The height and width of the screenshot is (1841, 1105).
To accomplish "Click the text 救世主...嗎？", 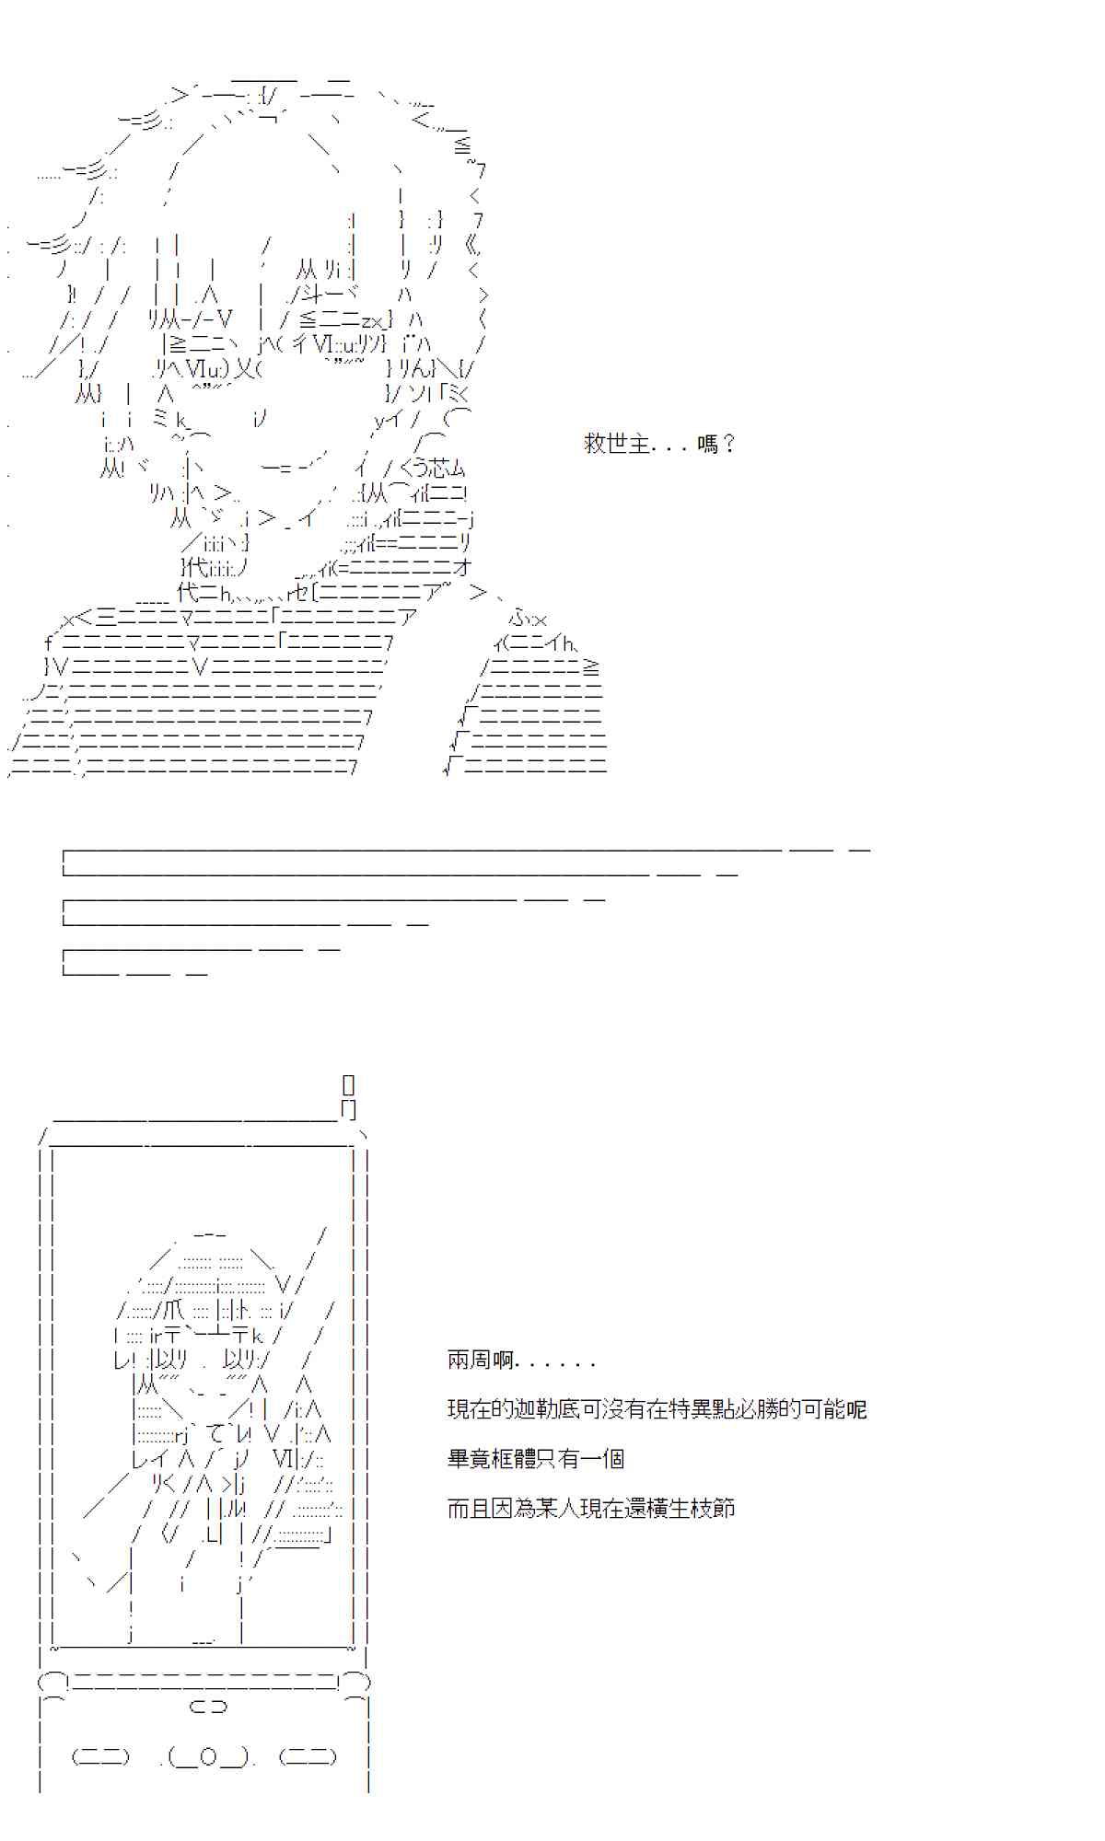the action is (x=660, y=444).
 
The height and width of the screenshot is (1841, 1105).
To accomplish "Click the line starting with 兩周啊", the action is (x=521, y=1360).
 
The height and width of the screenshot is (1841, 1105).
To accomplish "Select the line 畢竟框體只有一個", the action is (x=536, y=1459).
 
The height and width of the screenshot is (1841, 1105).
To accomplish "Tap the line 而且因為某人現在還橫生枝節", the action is (x=591, y=1509).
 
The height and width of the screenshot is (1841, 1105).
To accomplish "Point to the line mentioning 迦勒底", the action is (x=657, y=1409).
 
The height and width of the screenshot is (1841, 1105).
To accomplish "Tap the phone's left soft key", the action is (x=100, y=1757).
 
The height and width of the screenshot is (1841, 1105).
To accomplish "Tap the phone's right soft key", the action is (x=308, y=1757).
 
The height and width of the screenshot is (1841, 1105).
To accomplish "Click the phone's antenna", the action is (x=348, y=1095).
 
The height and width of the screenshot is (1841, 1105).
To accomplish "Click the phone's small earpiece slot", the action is (x=208, y=1707).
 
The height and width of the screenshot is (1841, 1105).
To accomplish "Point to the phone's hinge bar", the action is (x=204, y=1682).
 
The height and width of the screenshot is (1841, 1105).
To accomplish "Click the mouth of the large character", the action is (x=285, y=468).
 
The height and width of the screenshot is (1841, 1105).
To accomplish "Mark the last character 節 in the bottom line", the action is (x=724, y=1509).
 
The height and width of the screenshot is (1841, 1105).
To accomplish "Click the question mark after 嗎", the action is (x=728, y=444).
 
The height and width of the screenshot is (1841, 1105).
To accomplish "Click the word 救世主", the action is (x=618, y=444).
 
